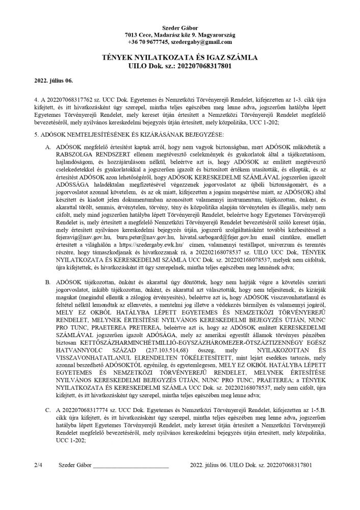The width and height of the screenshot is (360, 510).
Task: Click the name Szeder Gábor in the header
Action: click(x=179, y=27)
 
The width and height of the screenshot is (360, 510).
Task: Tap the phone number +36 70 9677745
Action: click(x=145, y=42)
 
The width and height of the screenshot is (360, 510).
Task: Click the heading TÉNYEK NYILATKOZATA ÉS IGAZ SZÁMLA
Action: click(x=179, y=59)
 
